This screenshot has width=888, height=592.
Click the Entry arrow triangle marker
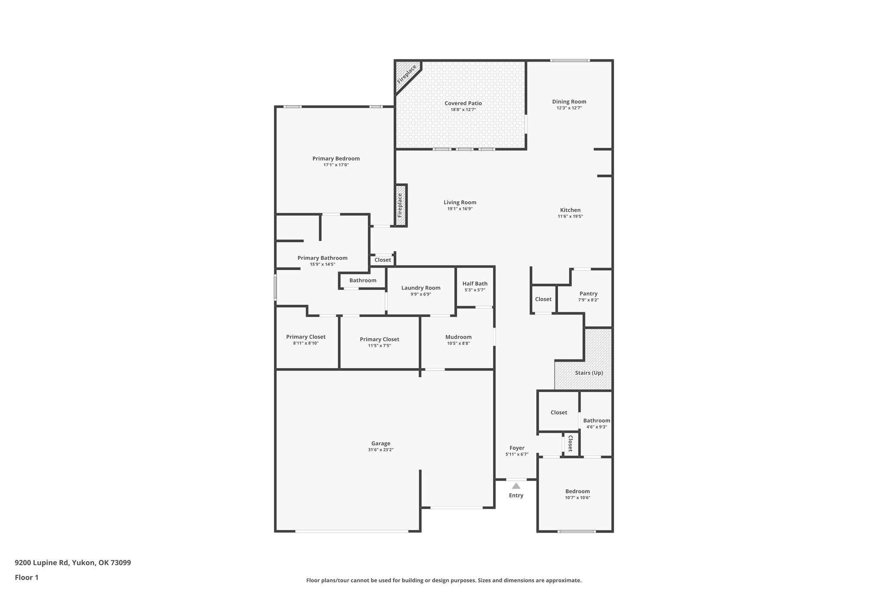516,486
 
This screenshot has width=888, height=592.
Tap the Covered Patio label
463,103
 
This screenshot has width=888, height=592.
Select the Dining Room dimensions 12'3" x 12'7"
569,108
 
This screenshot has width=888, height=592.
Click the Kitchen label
570,210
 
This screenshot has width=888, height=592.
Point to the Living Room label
460,202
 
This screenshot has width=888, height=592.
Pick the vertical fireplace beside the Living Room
401,205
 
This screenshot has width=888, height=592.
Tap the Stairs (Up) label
589,373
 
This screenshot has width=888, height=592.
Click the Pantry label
588,294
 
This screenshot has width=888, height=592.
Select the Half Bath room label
475,284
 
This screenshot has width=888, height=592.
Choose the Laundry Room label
421,288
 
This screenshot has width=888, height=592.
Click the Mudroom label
458,337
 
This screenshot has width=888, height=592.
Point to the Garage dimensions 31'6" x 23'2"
381,450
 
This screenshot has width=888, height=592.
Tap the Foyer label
517,448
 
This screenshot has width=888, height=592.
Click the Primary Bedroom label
336,158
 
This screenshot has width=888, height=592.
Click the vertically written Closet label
571,443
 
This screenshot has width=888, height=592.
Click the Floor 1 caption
27,577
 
